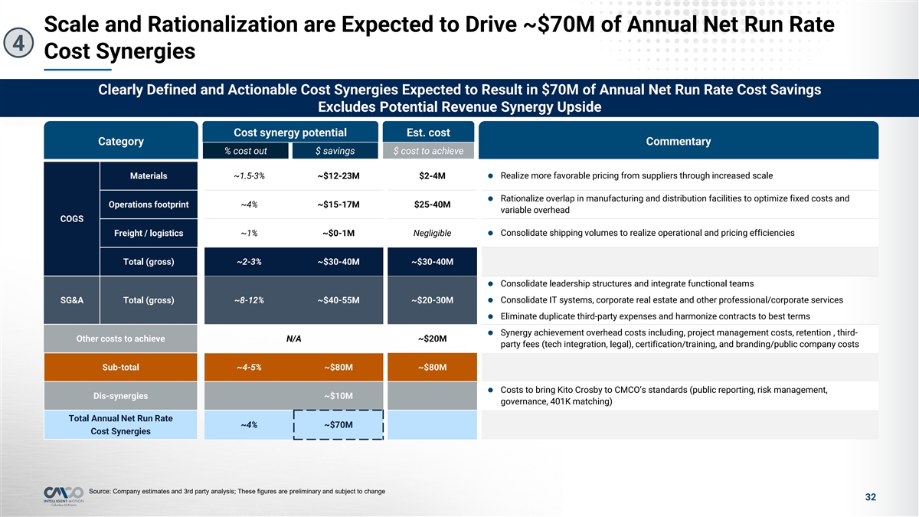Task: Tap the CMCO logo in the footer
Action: click(63, 495)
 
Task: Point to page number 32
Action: click(870, 498)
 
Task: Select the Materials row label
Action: click(149, 176)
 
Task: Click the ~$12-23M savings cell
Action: click(338, 176)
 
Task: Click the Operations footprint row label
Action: click(149, 205)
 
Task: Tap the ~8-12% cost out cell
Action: click(249, 299)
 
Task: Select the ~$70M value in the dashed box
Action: click(338, 425)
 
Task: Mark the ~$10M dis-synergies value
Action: click(338, 396)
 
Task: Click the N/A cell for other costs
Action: click(293, 339)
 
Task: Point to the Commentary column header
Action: click(678, 142)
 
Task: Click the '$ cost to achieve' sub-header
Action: click(428, 151)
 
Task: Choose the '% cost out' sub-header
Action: click(245, 151)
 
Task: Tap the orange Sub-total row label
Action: click(120, 367)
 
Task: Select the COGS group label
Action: click(72, 219)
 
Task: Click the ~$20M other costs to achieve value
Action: click(433, 339)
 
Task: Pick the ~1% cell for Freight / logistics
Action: click(249, 234)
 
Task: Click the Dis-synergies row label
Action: click(120, 396)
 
